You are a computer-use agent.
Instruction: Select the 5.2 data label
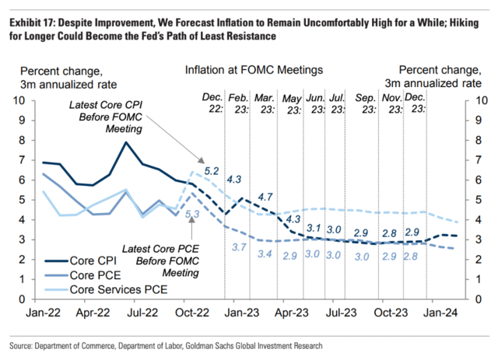tap(212, 170)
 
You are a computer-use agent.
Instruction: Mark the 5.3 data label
tap(191, 213)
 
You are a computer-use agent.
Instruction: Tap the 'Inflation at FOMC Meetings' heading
tap(254, 70)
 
